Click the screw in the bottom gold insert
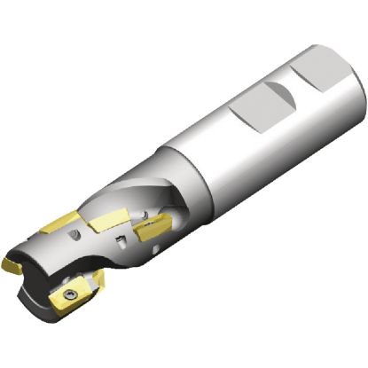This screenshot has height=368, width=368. pyautogui.click(x=67, y=292)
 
